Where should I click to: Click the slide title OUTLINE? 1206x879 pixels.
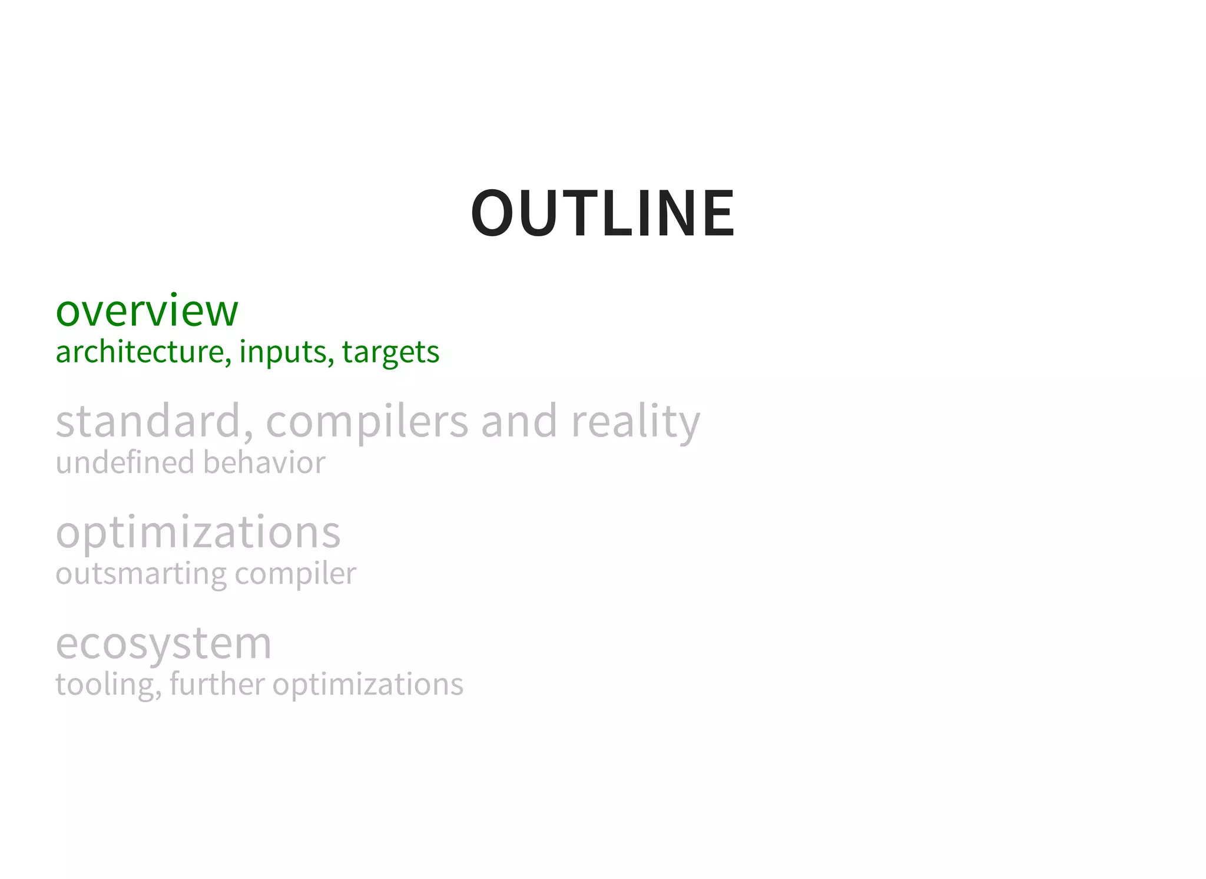pos(602,213)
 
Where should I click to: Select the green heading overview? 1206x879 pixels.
pos(147,310)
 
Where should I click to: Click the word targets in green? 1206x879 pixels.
pos(390,353)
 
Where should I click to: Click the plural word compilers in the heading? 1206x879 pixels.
pos(367,422)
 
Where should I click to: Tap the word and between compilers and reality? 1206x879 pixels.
pos(519,421)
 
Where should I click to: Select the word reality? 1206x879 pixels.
pos(635,422)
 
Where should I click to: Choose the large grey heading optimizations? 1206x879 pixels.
pos(198,532)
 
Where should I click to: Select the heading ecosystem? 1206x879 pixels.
pos(164,643)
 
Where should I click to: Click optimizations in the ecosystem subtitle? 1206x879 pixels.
pos(368,685)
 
